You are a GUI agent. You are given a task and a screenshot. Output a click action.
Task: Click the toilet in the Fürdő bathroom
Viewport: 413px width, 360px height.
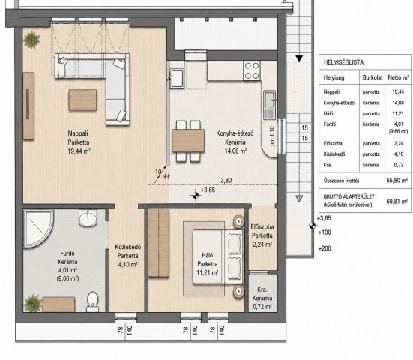click(x=93, y=301)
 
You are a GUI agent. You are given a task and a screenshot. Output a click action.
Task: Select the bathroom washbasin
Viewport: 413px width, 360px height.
click(x=88, y=218)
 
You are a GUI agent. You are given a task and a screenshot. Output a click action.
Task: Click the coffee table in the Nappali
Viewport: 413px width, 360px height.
click(x=82, y=100)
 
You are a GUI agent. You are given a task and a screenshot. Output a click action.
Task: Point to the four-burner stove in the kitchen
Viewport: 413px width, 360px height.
click(x=252, y=70)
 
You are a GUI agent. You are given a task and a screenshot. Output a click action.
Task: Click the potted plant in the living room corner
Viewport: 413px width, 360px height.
click(x=32, y=40)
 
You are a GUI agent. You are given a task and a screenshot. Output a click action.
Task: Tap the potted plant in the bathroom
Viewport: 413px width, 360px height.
click(x=33, y=303)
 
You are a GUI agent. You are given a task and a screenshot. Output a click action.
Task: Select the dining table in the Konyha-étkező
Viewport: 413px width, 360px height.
click(x=188, y=140)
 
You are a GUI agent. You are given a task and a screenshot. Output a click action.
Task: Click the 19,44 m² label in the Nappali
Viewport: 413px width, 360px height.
click(x=79, y=151)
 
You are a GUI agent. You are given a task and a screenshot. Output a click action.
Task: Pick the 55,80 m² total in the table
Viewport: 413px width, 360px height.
click(x=397, y=181)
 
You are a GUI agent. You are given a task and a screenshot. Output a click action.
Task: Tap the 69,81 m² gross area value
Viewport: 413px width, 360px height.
click(x=397, y=202)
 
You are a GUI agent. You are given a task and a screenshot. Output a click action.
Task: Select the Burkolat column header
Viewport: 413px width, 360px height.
click(x=373, y=78)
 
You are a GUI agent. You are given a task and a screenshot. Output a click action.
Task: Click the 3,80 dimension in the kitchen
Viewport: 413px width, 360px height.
click(x=226, y=181)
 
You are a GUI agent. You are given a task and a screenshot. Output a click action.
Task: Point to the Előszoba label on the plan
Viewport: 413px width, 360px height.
click(x=262, y=226)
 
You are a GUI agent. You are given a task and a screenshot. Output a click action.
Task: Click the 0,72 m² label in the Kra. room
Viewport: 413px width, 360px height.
click(x=262, y=307)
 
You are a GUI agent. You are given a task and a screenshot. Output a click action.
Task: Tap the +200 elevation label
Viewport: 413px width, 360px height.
click(x=325, y=248)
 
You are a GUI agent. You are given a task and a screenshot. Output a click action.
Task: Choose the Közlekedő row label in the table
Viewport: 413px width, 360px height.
click(x=334, y=154)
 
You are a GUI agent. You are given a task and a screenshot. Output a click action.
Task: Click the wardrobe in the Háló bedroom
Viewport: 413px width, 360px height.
click(x=159, y=243)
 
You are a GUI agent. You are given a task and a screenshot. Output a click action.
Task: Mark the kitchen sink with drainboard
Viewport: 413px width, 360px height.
click(x=269, y=105)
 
